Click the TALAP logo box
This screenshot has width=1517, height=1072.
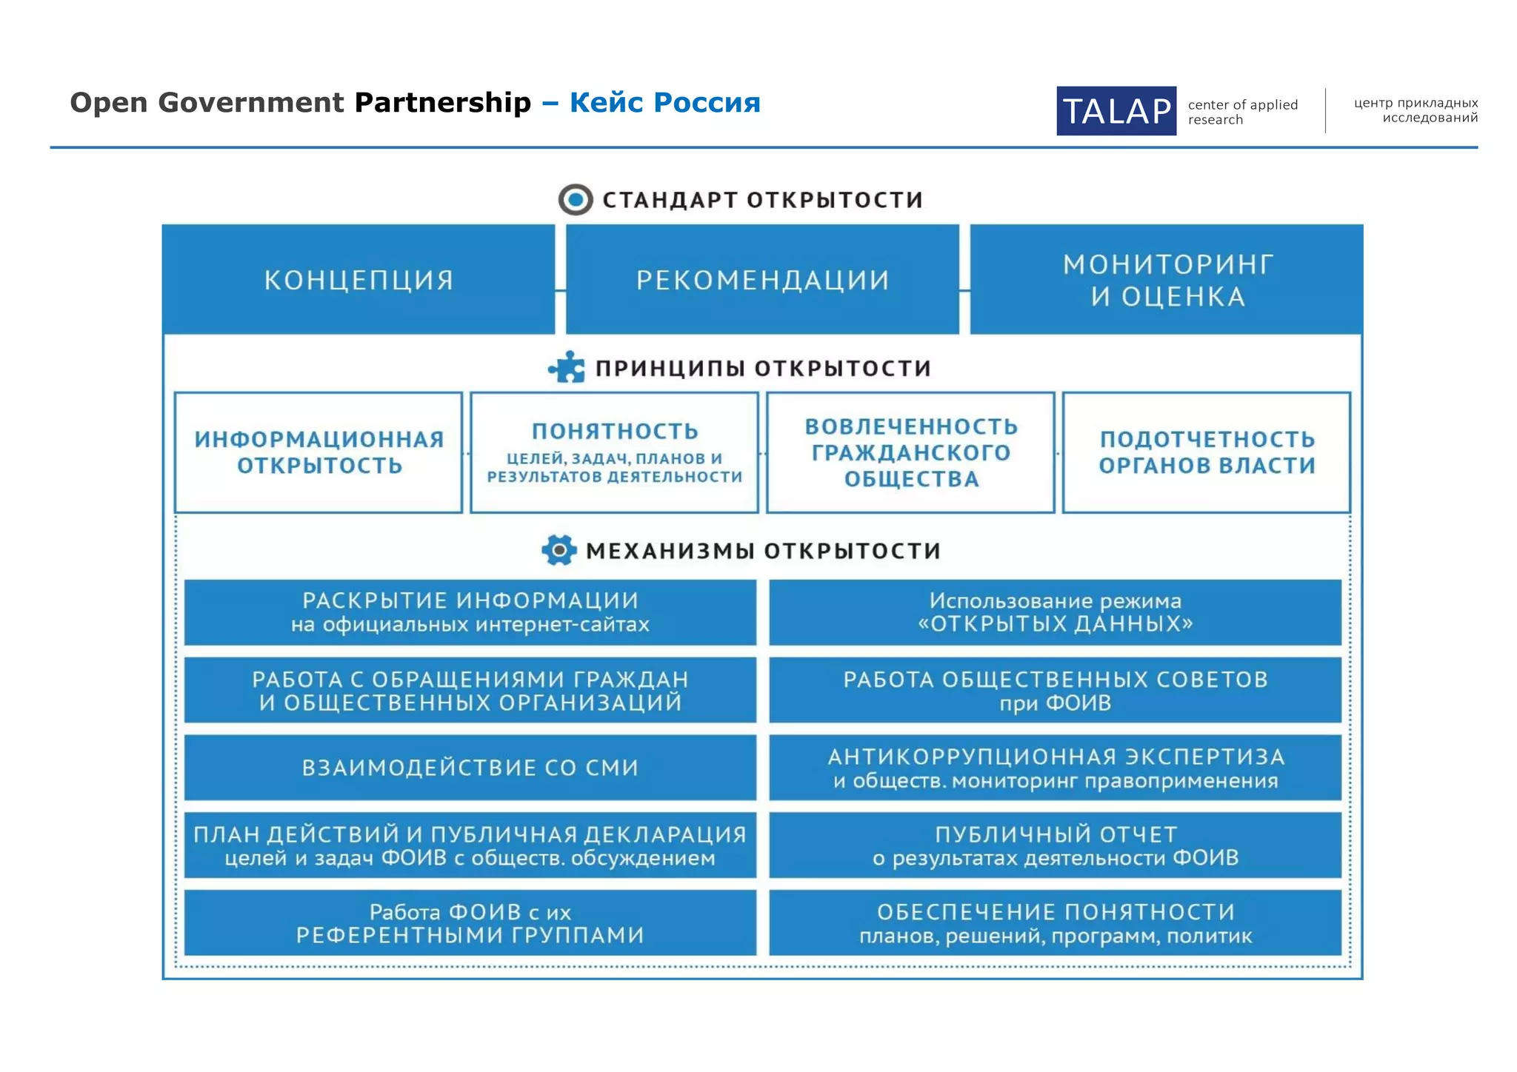tap(1116, 111)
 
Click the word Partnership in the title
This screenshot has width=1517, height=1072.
tap(442, 102)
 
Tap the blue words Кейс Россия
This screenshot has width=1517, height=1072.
tap(664, 102)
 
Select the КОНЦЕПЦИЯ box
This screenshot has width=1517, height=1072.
tap(359, 280)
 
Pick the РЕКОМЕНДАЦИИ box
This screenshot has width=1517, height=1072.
tap(762, 280)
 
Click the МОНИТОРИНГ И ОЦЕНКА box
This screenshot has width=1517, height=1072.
tap(1167, 280)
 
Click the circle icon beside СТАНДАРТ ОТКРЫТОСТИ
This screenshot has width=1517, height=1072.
tap(575, 200)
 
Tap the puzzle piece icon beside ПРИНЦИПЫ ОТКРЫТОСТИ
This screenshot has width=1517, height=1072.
tap(567, 367)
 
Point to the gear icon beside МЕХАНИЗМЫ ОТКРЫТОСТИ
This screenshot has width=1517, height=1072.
tap(559, 550)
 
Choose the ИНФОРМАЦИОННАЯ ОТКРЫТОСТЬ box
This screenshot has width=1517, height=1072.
tap(319, 452)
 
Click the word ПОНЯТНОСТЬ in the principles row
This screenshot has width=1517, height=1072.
tap(615, 431)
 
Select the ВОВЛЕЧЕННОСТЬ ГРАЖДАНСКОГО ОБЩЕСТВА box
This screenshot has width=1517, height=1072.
tap(910, 452)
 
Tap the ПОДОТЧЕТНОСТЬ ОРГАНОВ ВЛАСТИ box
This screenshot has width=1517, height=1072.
tap(1207, 452)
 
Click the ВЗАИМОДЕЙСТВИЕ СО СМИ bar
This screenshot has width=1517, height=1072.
tap(470, 767)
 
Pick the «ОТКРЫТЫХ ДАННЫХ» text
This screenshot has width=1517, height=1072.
tap(1055, 624)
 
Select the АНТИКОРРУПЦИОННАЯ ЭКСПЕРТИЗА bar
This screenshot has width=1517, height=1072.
tap(1055, 767)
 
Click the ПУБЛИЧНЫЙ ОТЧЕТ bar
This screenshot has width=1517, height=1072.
tap(1055, 845)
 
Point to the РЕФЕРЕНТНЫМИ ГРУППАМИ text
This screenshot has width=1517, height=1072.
tap(470, 935)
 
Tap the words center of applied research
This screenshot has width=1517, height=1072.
tap(1242, 112)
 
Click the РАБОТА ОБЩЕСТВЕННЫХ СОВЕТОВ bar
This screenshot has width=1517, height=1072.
tap(1055, 689)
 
